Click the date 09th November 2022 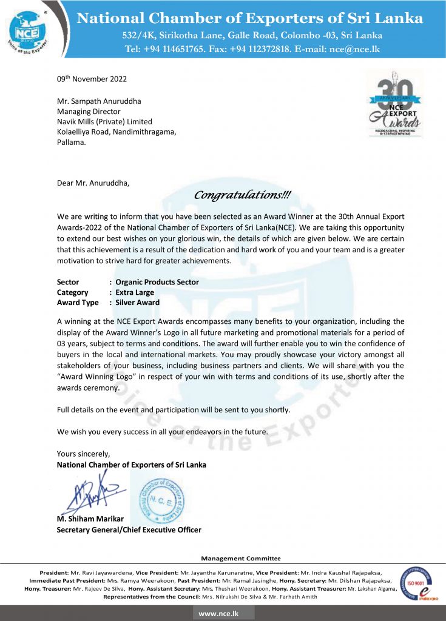[x=92, y=79]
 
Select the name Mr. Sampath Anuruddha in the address [x=98, y=101]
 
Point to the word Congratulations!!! [x=242, y=195]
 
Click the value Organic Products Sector [x=157, y=282]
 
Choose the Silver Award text [x=138, y=303]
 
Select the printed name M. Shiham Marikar [x=89, y=519]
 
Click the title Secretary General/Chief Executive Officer [x=129, y=529]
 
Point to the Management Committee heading [x=241, y=559]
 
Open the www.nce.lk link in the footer [x=223, y=614]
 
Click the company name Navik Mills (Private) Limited [x=104, y=122]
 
